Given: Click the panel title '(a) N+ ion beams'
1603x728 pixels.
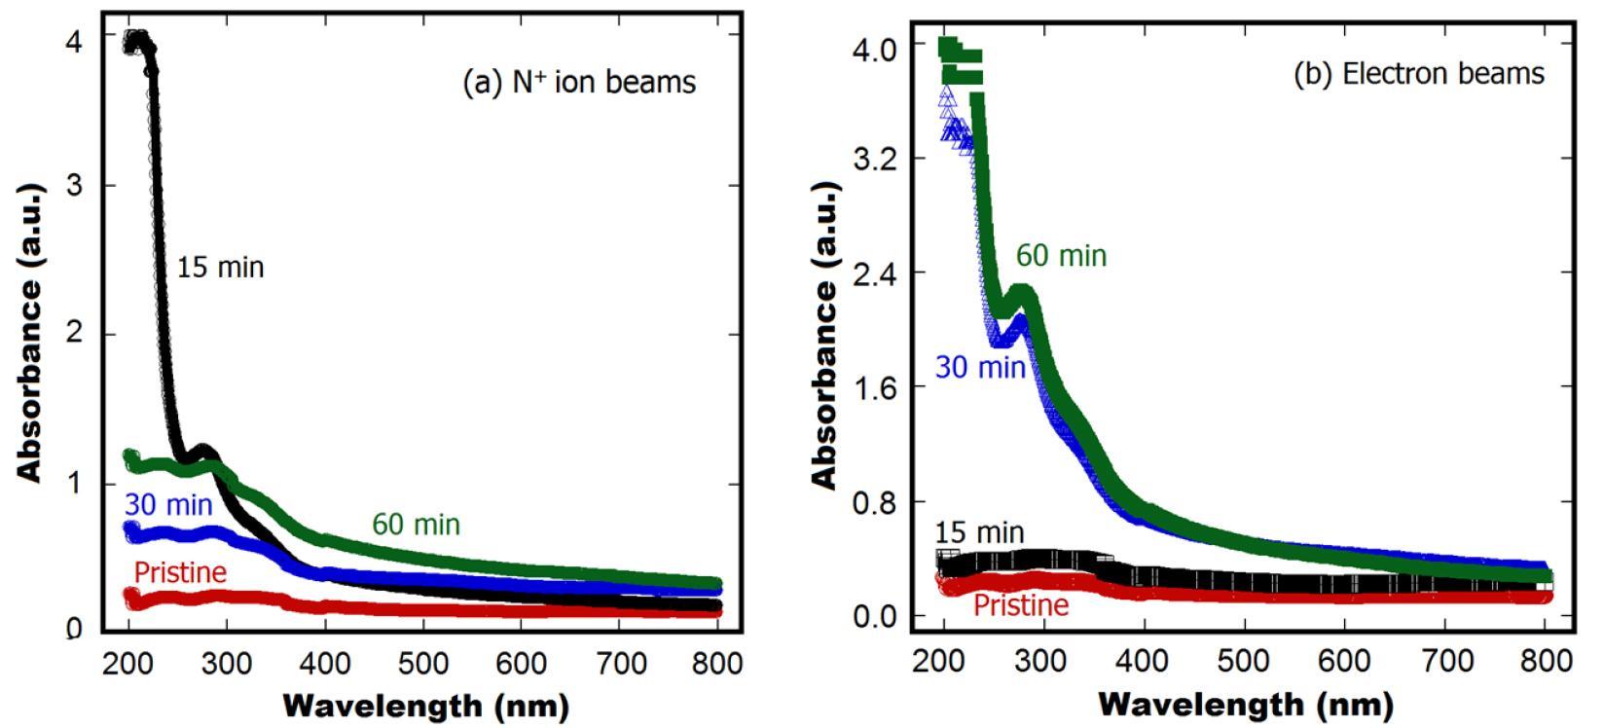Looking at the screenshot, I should tap(579, 82).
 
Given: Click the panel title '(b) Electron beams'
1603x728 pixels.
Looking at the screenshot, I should tap(1418, 74).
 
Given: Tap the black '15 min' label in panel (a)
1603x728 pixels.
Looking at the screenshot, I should tap(220, 268).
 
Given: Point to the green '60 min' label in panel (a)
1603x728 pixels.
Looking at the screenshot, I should tap(416, 525).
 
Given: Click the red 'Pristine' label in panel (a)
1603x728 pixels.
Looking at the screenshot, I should tap(180, 571).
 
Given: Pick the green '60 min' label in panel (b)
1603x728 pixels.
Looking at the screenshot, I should tap(1061, 256).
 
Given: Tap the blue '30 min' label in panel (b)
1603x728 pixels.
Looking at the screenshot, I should tap(979, 368).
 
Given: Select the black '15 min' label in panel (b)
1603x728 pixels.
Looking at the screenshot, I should tap(979, 532).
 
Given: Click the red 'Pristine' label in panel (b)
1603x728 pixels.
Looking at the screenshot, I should tap(1020, 605).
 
